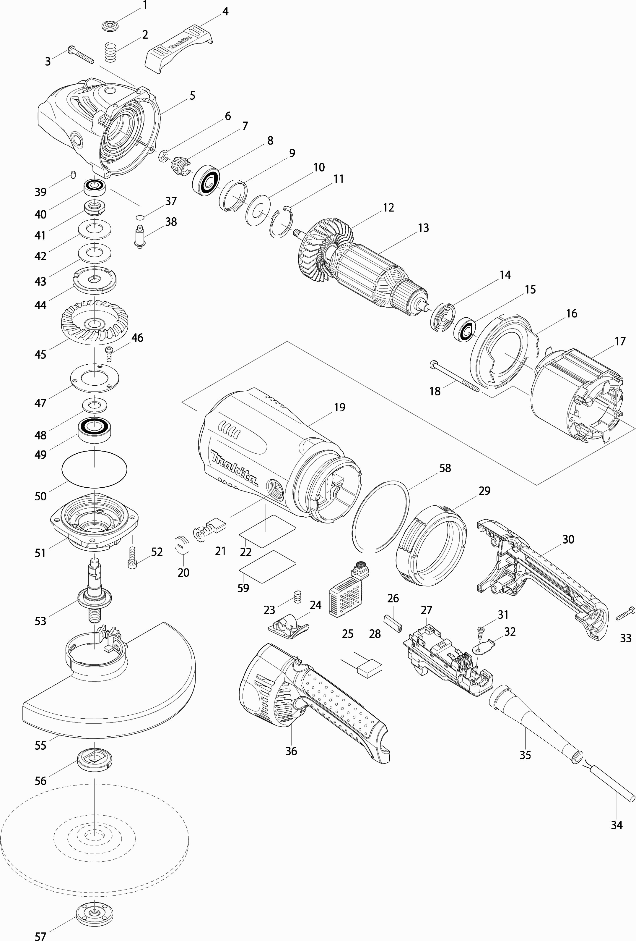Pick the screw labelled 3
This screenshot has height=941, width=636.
pyautogui.click(x=81, y=55)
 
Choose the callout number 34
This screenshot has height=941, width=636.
pyautogui.click(x=617, y=825)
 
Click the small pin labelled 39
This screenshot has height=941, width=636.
pyautogui.click(x=73, y=174)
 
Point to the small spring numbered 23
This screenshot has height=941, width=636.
pyautogui.click(x=297, y=597)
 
